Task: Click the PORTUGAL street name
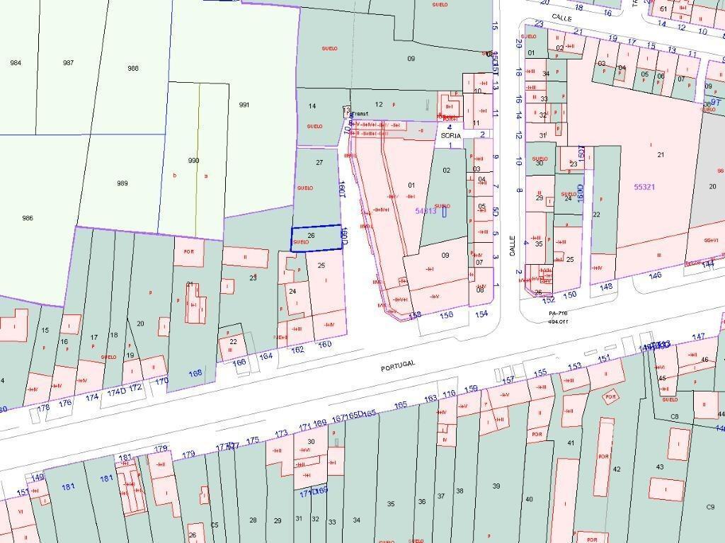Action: point(398,366)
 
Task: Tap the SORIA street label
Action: point(450,135)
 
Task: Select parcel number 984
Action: point(16,63)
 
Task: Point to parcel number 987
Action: point(68,63)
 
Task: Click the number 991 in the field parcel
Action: point(244,105)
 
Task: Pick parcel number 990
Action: point(193,161)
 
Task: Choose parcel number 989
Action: point(122,183)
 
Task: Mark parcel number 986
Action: point(28,218)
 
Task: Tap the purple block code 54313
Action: point(426,210)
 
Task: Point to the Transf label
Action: point(359,113)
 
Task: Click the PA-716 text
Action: point(559,312)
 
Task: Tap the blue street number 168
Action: point(195,373)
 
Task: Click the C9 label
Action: point(710,507)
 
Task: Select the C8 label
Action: point(674,416)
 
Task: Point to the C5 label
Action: point(215,525)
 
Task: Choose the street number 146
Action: point(655,275)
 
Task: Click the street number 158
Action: point(416,315)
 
